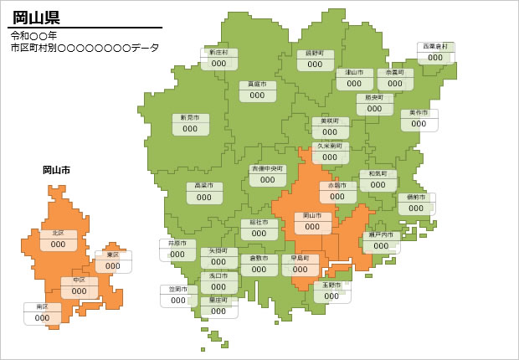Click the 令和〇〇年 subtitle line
click(x=34, y=36)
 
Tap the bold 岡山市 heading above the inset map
click(x=56, y=170)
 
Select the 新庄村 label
click(x=218, y=53)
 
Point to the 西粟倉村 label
click(x=435, y=47)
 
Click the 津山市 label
click(x=354, y=73)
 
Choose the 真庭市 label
click(x=257, y=85)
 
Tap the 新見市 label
click(x=190, y=118)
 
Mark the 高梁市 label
click(x=204, y=186)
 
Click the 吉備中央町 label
click(x=267, y=168)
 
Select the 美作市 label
click(x=419, y=113)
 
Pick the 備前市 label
click(x=416, y=198)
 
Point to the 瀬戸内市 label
click(x=381, y=235)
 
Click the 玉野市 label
click(x=331, y=285)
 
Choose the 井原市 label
click(x=177, y=244)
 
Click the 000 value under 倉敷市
click(x=259, y=270)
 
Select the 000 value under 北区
click(x=58, y=244)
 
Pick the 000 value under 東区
click(x=112, y=266)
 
